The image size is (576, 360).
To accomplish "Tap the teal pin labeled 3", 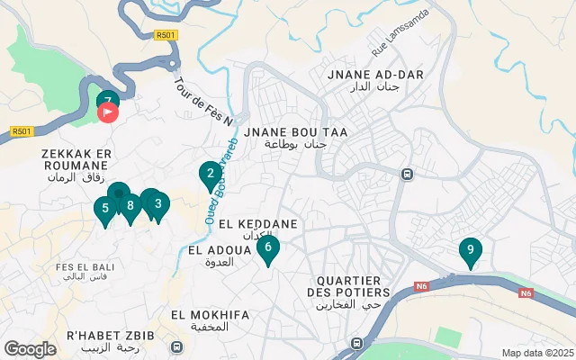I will [x=158, y=203].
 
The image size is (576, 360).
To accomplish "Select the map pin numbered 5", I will [x=105, y=209].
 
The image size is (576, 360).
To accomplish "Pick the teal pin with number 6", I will [x=267, y=247].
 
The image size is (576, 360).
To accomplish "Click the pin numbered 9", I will [x=470, y=250].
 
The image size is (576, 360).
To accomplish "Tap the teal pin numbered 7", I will [x=107, y=100].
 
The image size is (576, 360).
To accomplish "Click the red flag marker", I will [x=107, y=113].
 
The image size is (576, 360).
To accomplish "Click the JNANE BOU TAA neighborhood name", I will [x=301, y=132].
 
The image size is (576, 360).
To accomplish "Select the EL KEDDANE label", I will [x=245, y=222].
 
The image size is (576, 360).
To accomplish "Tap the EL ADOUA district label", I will [x=212, y=249].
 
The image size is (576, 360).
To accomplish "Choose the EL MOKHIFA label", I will [x=210, y=315].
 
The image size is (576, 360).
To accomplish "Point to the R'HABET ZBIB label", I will [x=110, y=335].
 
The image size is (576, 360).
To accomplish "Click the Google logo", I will [x=30, y=348].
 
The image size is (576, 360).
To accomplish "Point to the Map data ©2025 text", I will [x=536, y=353].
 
